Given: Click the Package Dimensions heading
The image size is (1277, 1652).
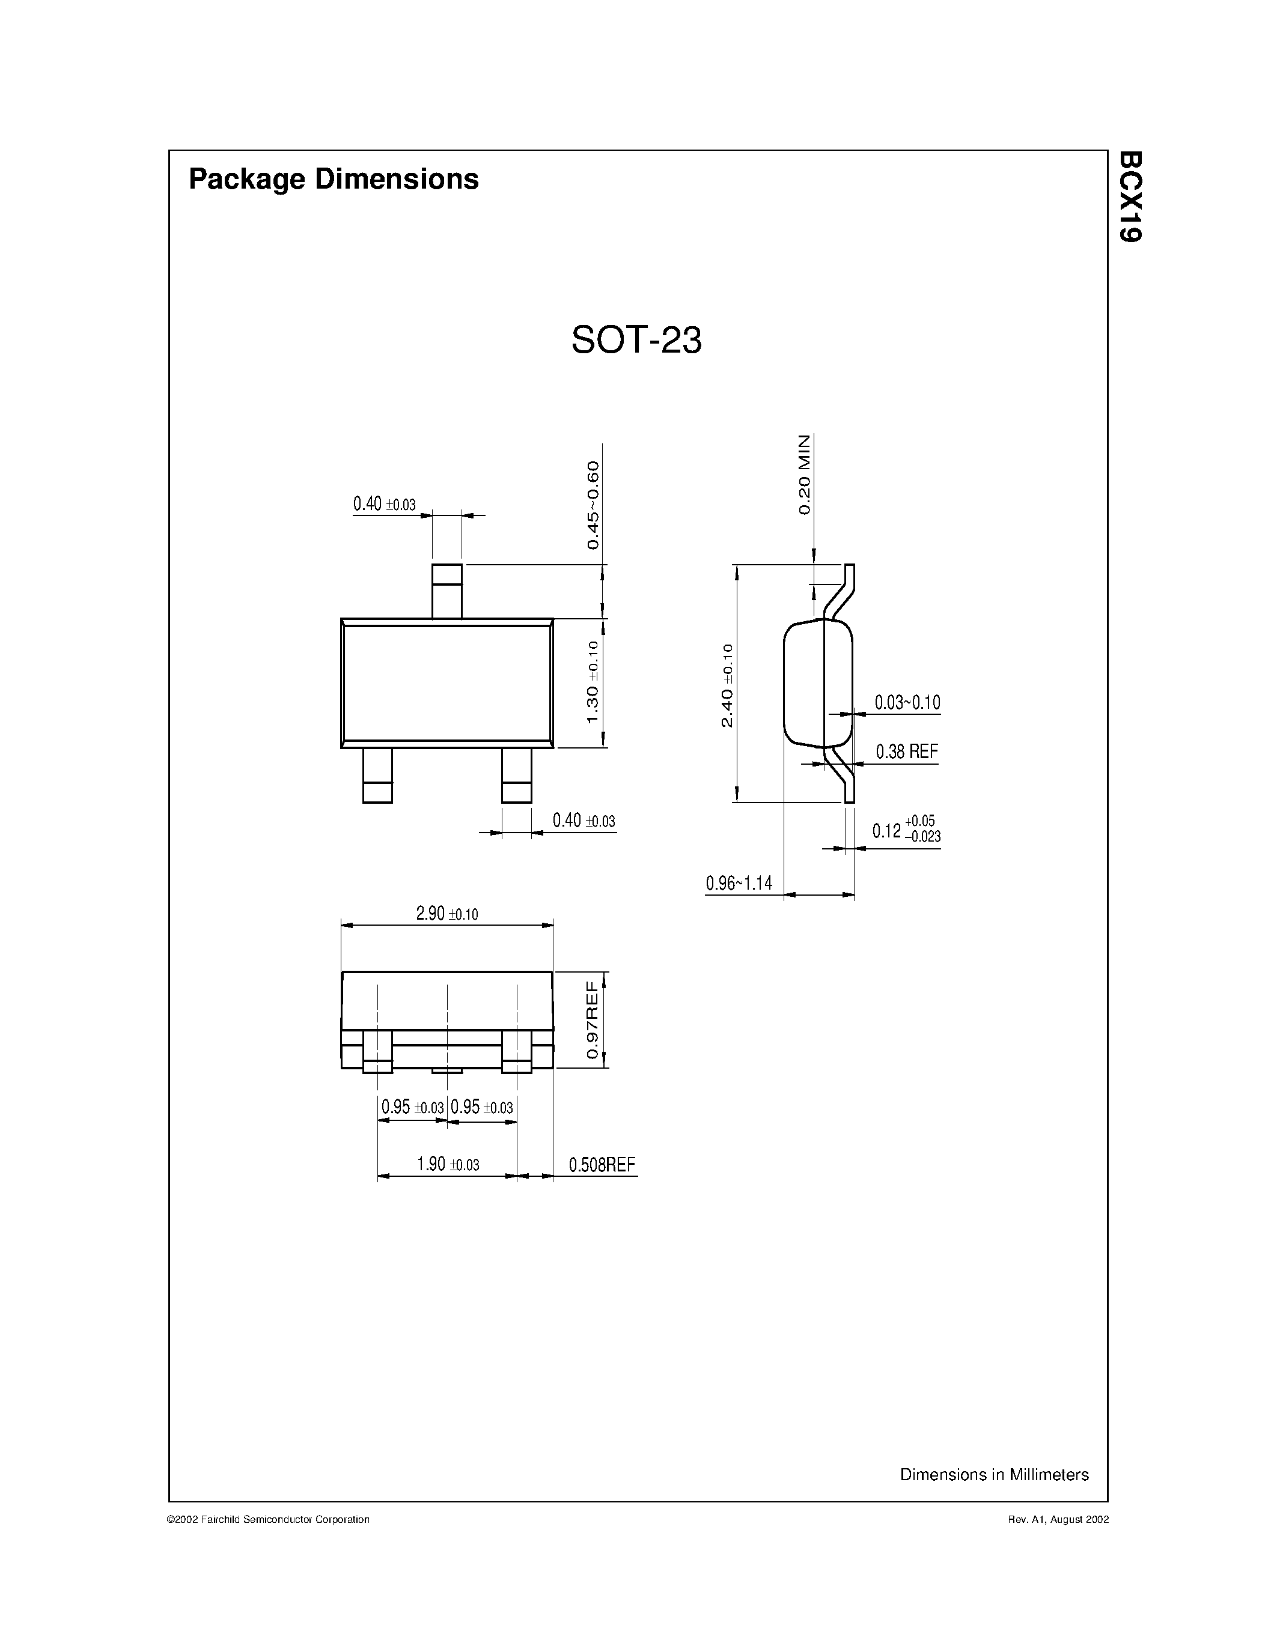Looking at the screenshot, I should (x=333, y=179).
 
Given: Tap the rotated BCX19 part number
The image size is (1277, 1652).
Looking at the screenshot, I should (x=1130, y=196).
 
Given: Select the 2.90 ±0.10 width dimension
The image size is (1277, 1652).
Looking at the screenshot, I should (x=446, y=914).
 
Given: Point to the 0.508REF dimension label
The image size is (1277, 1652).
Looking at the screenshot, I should (x=602, y=1164).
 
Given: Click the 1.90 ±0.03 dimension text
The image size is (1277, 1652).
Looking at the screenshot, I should (x=448, y=1164).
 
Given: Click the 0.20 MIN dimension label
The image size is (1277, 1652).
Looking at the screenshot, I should (x=804, y=475).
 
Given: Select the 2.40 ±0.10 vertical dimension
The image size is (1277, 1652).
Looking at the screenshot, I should (x=727, y=685).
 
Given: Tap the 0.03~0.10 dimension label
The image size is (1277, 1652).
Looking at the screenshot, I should (x=907, y=703).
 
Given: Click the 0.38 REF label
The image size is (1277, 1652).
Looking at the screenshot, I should (x=906, y=752).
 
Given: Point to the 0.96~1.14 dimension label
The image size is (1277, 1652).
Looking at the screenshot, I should (x=739, y=882).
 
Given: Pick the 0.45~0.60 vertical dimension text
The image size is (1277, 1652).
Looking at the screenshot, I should (x=593, y=505).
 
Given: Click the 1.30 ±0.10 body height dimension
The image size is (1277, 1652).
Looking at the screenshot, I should (x=593, y=682).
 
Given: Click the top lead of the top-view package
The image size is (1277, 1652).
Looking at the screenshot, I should (x=446, y=591).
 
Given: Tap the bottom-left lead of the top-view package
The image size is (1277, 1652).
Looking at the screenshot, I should (x=377, y=776).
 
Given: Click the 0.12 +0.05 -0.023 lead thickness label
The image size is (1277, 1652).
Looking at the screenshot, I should (x=906, y=830).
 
